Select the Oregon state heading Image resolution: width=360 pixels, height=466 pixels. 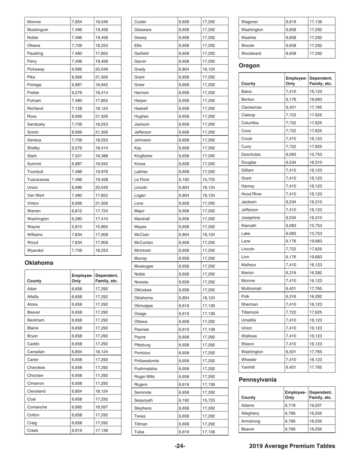coord(249,66)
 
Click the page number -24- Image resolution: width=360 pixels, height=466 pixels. coord(180,446)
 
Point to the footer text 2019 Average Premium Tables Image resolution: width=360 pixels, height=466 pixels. coord(292,446)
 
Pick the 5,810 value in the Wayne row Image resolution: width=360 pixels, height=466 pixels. coord(77,227)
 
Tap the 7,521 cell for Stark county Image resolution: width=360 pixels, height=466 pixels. coord(77,156)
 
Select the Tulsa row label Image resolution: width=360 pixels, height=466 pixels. coord(139,432)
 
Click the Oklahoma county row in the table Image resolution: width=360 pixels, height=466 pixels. coord(145,297)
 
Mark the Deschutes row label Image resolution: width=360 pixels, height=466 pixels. coord(252,155)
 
